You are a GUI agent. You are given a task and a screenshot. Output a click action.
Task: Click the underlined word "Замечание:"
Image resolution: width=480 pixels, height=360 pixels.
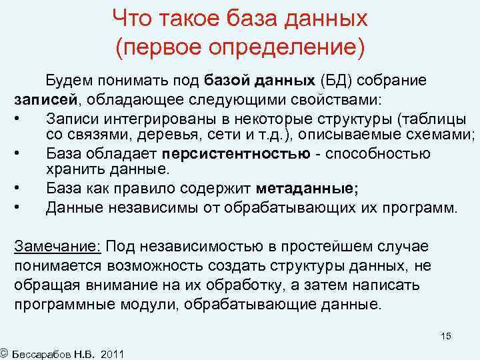pos(57,247)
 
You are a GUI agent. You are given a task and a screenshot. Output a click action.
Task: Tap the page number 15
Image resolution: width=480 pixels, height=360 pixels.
pos(445,336)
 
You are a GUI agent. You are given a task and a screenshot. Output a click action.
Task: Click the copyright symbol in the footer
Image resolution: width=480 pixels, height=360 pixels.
pos(4,352)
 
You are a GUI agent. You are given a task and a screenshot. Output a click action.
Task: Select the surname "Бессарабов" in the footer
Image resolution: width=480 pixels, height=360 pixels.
pos(45,353)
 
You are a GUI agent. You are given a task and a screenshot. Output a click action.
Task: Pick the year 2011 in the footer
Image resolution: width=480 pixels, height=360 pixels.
pos(112,353)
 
